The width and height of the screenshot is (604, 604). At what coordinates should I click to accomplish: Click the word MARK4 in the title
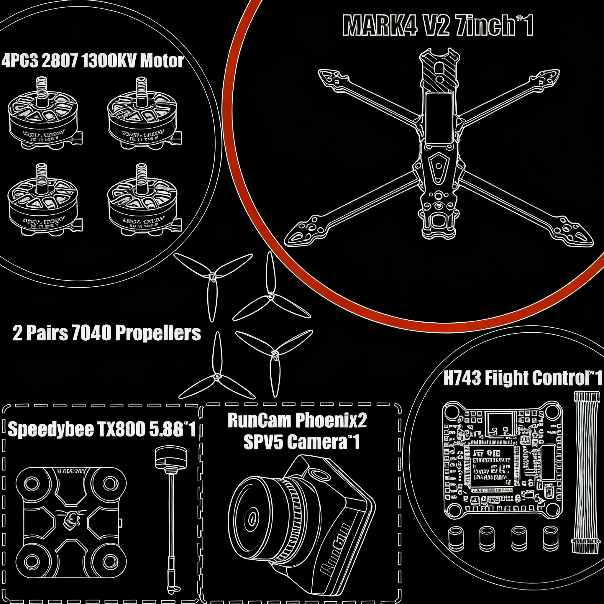click(x=380, y=26)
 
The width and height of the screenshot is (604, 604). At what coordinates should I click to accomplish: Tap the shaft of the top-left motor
click(x=42, y=89)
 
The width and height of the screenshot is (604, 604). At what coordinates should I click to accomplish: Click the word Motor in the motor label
click(x=162, y=61)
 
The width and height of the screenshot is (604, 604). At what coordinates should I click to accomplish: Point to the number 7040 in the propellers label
click(x=91, y=333)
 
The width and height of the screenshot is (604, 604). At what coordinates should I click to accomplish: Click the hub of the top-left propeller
click(x=212, y=277)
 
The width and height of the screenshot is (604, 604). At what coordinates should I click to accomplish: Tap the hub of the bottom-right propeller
click(x=275, y=354)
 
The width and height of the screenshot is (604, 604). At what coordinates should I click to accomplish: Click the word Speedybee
click(x=51, y=429)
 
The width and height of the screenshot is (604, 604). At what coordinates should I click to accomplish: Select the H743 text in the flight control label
click(x=462, y=378)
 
